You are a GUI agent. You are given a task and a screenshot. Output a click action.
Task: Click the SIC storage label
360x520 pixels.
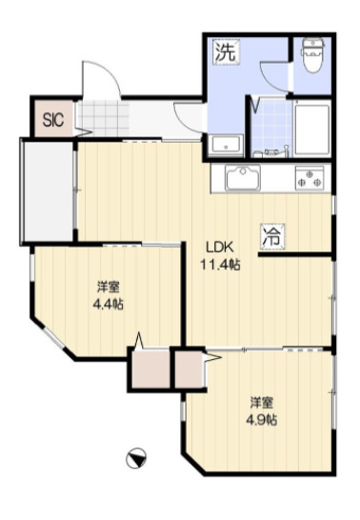click(x=53, y=119)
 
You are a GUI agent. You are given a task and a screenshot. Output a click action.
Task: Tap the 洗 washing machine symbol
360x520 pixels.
click(x=226, y=51)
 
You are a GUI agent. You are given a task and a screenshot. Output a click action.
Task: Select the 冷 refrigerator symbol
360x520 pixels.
click(x=273, y=236)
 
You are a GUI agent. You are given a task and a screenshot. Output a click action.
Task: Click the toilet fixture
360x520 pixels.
click(x=312, y=55)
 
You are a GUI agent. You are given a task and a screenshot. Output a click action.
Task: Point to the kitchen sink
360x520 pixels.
click(x=243, y=179)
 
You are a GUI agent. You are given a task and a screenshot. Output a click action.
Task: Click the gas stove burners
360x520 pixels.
click(x=310, y=178)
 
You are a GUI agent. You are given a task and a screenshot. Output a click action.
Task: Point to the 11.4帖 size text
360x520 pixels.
click(x=220, y=265)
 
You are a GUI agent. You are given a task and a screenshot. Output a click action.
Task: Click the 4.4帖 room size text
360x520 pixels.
click(x=108, y=304)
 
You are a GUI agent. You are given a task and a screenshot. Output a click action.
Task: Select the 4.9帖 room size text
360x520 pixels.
click(x=261, y=420)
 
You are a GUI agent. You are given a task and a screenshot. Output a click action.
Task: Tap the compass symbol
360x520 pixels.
click(x=136, y=458)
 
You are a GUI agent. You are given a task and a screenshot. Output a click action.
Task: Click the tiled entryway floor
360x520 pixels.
click(x=104, y=118)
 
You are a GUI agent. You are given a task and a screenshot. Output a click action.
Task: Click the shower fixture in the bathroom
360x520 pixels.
click(x=271, y=151)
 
